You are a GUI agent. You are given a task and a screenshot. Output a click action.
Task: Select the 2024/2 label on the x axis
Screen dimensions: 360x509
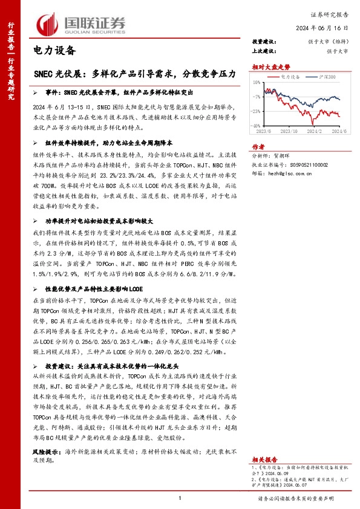click(x=314, y=130)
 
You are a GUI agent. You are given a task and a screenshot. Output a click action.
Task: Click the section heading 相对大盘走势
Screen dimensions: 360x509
click(x=271, y=66)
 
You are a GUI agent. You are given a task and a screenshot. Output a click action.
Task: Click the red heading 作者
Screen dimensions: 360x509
click(x=258, y=146)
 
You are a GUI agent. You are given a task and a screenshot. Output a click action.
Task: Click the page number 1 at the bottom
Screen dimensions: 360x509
click(x=180, y=498)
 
